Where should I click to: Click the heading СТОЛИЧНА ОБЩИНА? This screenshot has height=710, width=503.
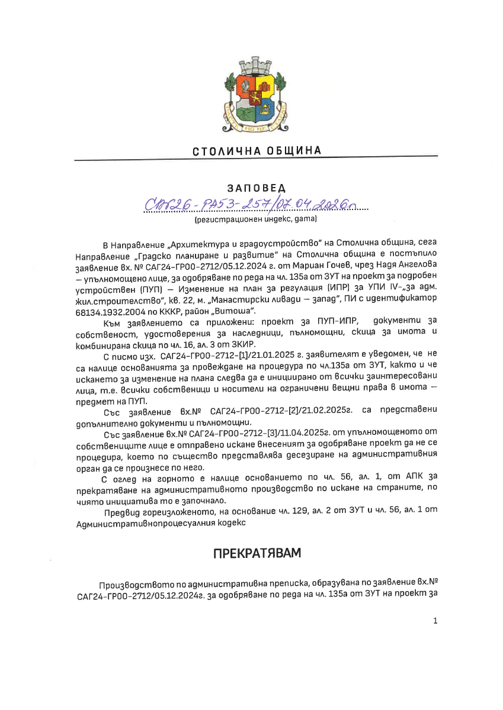coord(257,151)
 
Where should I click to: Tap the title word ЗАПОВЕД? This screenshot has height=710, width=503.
coord(256,188)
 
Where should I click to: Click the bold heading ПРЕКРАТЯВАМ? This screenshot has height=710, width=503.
coord(257,553)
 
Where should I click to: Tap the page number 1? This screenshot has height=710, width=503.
coord(435,621)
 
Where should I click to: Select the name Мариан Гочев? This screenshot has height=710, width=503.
coord(325,266)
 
